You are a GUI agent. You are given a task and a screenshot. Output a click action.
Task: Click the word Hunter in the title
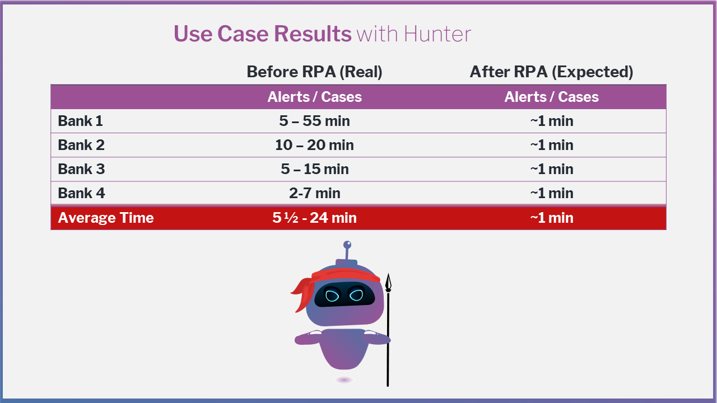437,34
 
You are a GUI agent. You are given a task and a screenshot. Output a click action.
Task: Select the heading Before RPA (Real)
314,72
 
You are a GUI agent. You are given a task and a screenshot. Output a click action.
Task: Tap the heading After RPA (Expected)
551,72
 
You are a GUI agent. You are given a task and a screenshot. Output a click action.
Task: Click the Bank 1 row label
80,121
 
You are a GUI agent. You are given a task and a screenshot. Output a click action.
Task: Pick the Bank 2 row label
81,145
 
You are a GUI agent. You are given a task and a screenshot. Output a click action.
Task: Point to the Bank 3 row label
81,169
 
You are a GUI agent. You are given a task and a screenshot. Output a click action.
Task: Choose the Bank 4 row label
81,193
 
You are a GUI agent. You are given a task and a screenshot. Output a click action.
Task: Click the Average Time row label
106,218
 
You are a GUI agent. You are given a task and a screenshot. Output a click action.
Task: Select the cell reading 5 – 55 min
314,121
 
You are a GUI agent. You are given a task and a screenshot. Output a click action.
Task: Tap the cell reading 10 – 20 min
314,145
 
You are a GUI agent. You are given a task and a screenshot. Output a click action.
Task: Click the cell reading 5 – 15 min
315,169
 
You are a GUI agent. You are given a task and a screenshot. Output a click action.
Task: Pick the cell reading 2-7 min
315,193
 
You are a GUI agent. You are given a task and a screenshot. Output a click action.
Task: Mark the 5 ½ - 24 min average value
314,218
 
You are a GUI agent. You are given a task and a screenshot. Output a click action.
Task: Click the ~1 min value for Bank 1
552,121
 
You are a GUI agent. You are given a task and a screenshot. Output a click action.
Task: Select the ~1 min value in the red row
552,218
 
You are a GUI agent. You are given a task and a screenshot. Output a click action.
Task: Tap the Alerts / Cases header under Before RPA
314,97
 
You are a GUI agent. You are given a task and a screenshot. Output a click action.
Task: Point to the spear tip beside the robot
388,274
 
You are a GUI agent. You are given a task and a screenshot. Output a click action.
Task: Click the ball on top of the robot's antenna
347,245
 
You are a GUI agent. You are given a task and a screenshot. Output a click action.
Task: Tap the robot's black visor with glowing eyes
344,294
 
